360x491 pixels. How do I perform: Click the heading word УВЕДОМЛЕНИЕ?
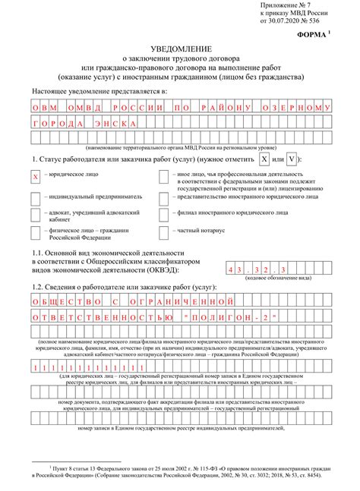(179, 49)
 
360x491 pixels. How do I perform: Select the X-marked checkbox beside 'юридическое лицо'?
(35, 177)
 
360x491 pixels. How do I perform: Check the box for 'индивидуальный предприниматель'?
(35, 196)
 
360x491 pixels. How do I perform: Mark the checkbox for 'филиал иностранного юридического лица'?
(164, 213)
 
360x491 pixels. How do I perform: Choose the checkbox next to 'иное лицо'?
(164, 177)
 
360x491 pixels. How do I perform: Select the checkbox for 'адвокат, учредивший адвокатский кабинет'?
(35, 213)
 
